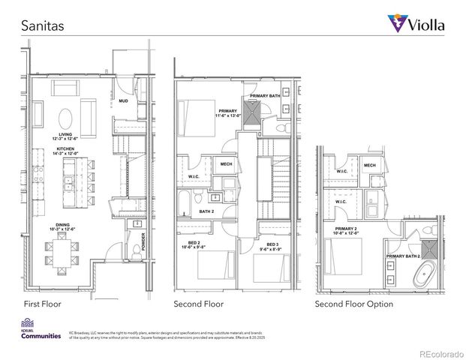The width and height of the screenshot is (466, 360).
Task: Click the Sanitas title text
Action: [41, 25]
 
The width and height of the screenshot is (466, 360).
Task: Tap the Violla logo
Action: [416, 24]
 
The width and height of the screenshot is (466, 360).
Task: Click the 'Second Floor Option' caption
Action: [353, 304]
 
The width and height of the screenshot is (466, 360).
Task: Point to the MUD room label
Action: [123, 100]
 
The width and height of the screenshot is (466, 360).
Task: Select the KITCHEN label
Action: [66, 149]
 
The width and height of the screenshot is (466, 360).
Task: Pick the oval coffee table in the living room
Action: [67, 118]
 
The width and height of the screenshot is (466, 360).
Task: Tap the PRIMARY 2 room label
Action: [346, 229]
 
